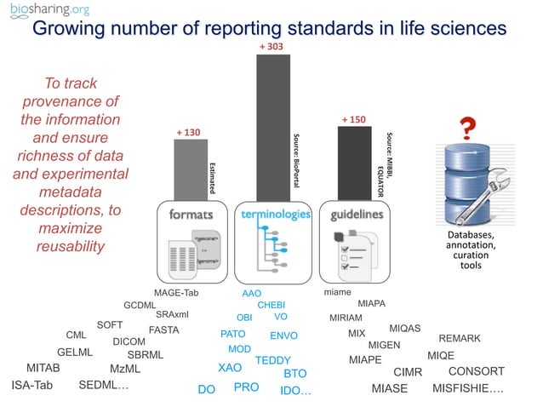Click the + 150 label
353,120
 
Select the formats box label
190,215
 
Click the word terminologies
276,215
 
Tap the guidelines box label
357,215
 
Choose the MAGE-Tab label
175,293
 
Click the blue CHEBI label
271,305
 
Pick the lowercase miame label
338,293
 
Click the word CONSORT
476,372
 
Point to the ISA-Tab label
32,386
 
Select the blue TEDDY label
273,360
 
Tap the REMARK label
460,339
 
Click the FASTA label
163,330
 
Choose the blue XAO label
230,369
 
